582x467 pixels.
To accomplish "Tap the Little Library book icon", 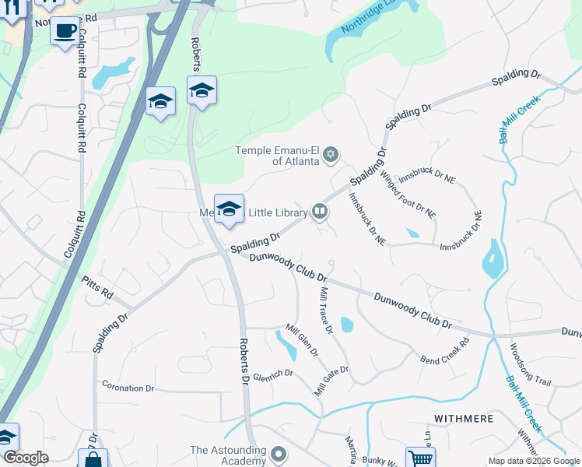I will (319, 211).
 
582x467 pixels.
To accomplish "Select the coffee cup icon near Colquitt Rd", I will (66, 32).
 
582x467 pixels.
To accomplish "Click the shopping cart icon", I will (420, 458).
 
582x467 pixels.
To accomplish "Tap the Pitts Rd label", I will (97, 289).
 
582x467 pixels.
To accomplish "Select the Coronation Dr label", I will (128, 388).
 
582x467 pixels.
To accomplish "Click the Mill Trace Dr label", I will (328, 311).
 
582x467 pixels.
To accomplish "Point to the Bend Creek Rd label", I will (445, 352).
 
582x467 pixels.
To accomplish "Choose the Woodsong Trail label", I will (531, 366).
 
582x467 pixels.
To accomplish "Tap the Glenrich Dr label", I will (272, 374).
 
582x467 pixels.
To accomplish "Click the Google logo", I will (26, 458).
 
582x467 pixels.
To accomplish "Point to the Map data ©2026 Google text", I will (534, 461).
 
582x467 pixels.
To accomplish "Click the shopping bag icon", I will (93, 459).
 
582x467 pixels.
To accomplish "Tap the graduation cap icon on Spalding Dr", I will (229, 209).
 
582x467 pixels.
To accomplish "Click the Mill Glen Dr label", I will (302, 340).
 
